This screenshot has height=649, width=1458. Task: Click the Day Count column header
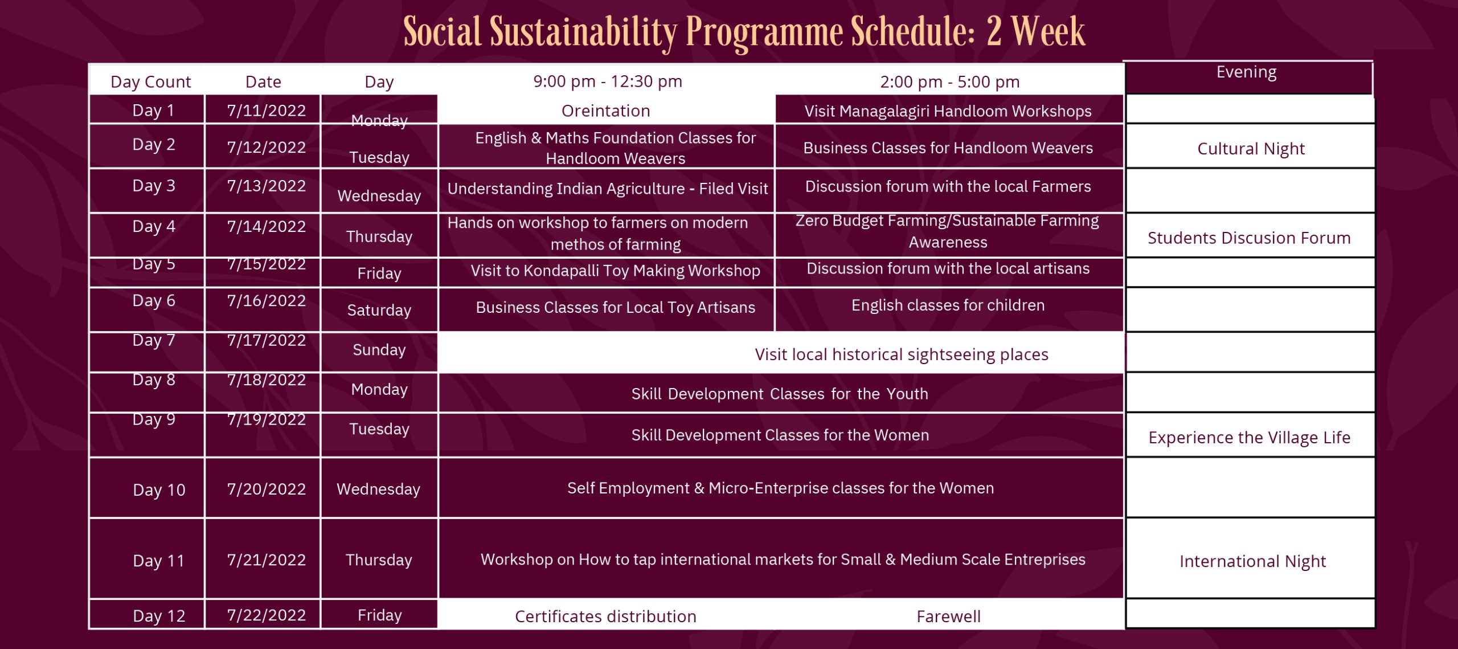tap(150, 82)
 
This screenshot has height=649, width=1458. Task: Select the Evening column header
tap(1246, 72)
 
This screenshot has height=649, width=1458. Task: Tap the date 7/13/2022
tap(266, 186)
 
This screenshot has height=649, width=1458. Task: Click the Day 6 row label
tap(154, 300)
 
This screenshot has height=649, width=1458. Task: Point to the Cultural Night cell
tap(1251, 149)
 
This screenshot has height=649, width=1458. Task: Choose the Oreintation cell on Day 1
tap(605, 111)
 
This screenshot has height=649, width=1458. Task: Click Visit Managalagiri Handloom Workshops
tap(948, 111)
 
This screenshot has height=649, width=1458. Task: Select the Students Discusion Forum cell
tap(1249, 238)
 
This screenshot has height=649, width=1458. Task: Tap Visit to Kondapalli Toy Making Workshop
tap(615, 271)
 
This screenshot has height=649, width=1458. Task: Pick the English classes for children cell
tap(948, 305)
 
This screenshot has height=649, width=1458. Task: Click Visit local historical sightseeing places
tap(901, 354)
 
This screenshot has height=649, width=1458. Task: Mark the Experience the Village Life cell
tap(1249, 438)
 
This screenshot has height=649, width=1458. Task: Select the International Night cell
tap(1252, 561)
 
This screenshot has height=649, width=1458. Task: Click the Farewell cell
tap(948, 617)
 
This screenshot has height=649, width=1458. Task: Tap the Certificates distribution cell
tap(605, 617)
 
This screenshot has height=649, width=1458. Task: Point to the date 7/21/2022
tap(266, 560)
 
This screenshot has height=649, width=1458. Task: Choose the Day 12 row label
tap(159, 616)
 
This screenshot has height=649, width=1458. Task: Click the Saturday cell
tap(379, 310)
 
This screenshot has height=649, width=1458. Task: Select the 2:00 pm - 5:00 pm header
tap(949, 82)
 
